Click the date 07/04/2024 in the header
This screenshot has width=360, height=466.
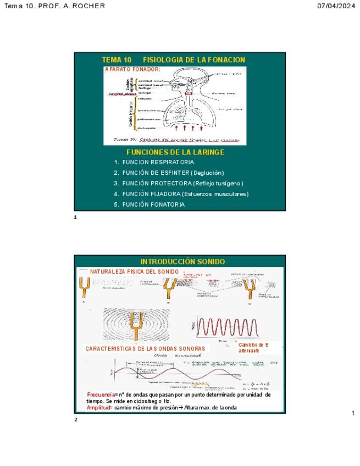click(x=336, y=6)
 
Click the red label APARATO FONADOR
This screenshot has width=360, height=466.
click(x=132, y=69)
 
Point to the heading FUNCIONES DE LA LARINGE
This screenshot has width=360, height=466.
click(x=175, y=152)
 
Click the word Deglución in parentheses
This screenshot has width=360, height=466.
click(x=207, y=173)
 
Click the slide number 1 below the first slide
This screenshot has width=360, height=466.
click(x=76, y=217)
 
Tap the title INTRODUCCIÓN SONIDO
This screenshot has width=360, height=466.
click(x=182, y=262)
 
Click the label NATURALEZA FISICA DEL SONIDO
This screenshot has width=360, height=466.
click(x=134, y=271)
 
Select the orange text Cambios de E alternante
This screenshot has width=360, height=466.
click(x=253, y=347)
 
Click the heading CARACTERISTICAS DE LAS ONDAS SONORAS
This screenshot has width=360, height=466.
click(x=145, y=348)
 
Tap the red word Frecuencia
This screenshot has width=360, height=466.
click(x=102, y=395)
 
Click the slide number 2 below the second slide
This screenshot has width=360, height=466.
click(x=76, y=420)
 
